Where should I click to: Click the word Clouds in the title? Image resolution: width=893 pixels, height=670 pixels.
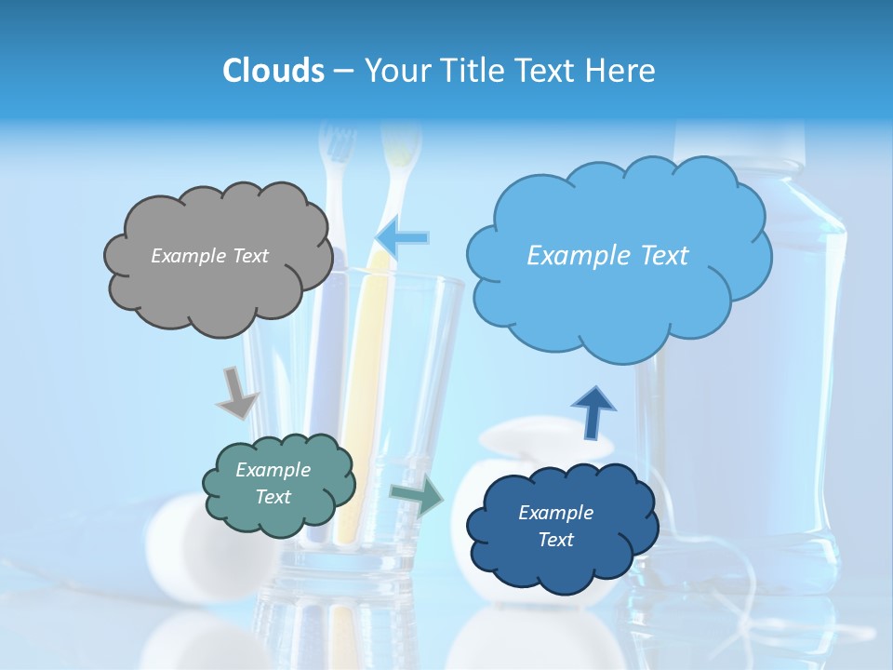(273, 71)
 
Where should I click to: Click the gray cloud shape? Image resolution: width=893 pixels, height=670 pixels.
(216, 288)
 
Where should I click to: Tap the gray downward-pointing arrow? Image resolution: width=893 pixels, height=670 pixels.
(236, 392)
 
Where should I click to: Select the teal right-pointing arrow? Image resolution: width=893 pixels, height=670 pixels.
(417, 496)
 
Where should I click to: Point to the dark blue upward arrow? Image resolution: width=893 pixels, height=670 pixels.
(593, 411)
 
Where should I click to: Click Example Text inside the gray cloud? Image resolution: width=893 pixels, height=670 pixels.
(209, 256)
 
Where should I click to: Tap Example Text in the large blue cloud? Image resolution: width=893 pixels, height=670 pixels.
(607, 256)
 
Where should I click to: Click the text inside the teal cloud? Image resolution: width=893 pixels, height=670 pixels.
(273, 483)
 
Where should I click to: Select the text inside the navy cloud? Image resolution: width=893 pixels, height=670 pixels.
(555, 526)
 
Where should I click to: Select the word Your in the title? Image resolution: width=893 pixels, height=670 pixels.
(394, 71)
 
